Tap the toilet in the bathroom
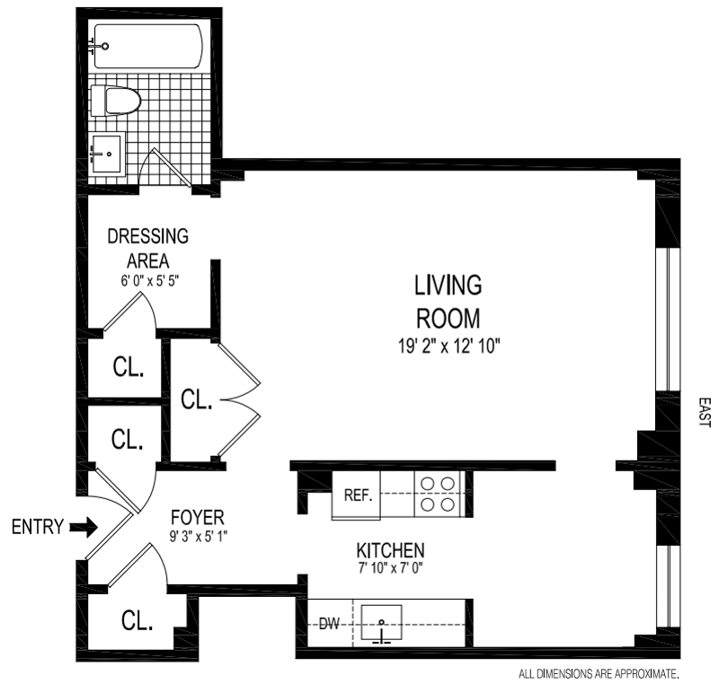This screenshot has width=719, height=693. [x=115, y=101]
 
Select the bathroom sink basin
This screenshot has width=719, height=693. [x=107, y=154]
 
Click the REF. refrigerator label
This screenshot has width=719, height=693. [x=358, y=496]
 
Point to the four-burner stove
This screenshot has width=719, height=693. [x=439, y=494]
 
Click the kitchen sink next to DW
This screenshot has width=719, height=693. [x=381, y=623]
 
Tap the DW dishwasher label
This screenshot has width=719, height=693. [x=329, y=623]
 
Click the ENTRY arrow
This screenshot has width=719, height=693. [x=84, y=527]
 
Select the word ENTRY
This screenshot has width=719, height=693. [x=38, y=527]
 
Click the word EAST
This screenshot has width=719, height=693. [x=705, y=412]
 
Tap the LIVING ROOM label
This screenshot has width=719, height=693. [x=448, y=302]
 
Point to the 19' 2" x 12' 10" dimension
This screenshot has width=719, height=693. [x=448, y=346]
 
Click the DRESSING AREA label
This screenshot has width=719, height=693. [x=147, y=249]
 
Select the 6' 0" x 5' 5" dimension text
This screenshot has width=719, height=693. [x=149, y=280]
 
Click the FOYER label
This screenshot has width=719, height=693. [x=198, y=518]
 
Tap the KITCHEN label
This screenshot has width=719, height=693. [x=391, y=550]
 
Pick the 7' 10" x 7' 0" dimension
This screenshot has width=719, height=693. [x=391, y=568]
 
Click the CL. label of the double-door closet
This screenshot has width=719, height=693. [x=196, y=399]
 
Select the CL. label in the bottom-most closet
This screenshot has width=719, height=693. [x=137, y=620]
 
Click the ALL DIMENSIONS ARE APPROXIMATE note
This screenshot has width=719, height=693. [x=599, y=674]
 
